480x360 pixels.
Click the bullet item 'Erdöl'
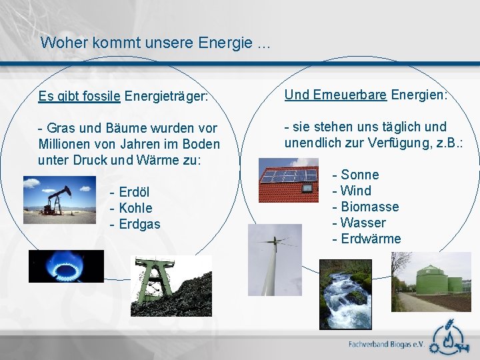(x=134, y=193)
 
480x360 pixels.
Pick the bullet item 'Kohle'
(x=135, y=209)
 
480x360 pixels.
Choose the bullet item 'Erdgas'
(x=139, y=225)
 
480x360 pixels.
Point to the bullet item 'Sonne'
(x=359, y=175)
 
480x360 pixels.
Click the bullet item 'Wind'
(x=355, y=191)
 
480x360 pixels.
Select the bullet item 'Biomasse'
(x=369, y=207)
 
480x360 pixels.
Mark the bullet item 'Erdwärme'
(x=370, y=239)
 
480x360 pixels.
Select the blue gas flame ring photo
(x=66, y=267)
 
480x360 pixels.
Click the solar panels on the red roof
(x=288, y=176)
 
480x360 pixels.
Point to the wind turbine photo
(x=274, y=259)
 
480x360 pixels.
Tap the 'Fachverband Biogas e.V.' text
(x=387, y=345)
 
